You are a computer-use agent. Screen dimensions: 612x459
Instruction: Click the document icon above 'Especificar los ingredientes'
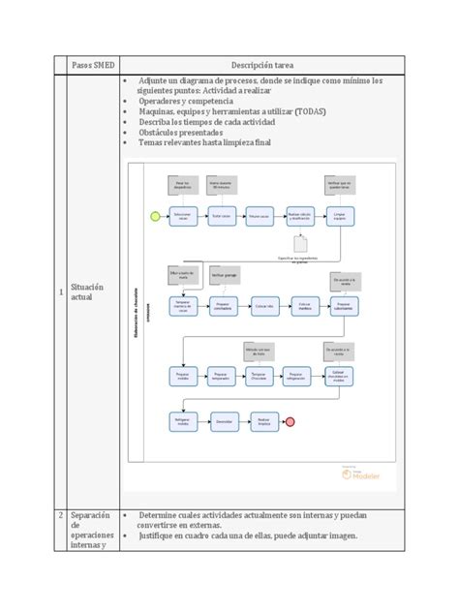(301, 246)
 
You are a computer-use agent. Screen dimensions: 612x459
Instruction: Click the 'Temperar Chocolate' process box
(257, 375)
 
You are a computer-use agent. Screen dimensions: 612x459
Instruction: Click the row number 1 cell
(60, 291)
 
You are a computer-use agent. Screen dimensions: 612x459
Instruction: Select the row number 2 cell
(60, 515)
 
